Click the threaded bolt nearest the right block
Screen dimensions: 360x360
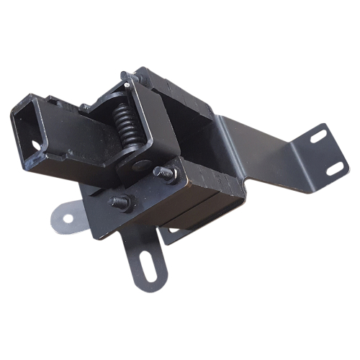[164, 173]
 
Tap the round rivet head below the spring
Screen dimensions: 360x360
[138, 165]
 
